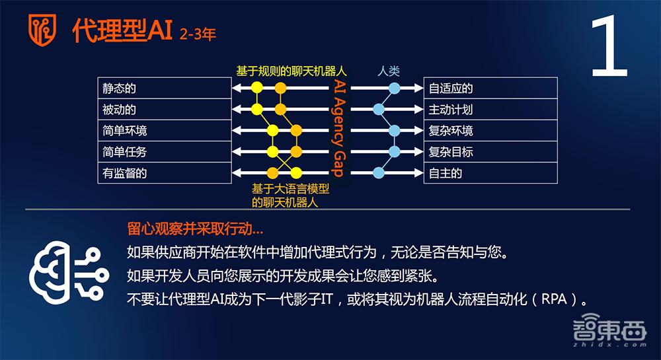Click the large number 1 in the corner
tap(608, 48)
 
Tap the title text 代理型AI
tap(123, 30)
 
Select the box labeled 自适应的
tap(490, 88)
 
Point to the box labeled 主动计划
tap(490, 109)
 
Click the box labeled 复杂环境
tap(490, 130)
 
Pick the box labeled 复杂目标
tap(490, 151)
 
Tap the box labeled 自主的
tap(490, 173)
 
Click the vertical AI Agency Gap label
tap(338, 129)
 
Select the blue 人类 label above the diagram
tap(389, 71)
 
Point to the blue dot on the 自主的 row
tap(379, 173)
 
